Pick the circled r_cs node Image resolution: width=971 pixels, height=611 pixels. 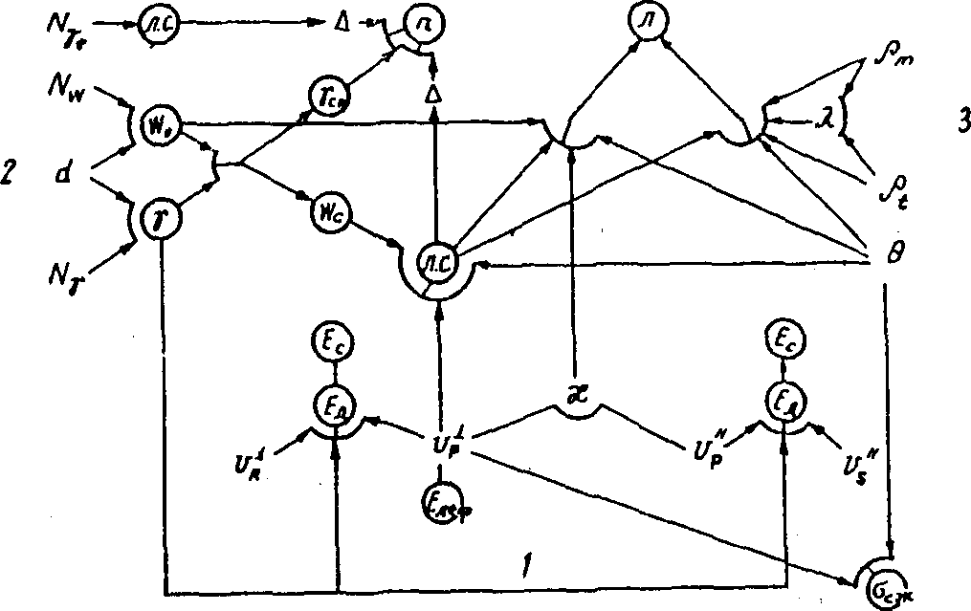point(324,94)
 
